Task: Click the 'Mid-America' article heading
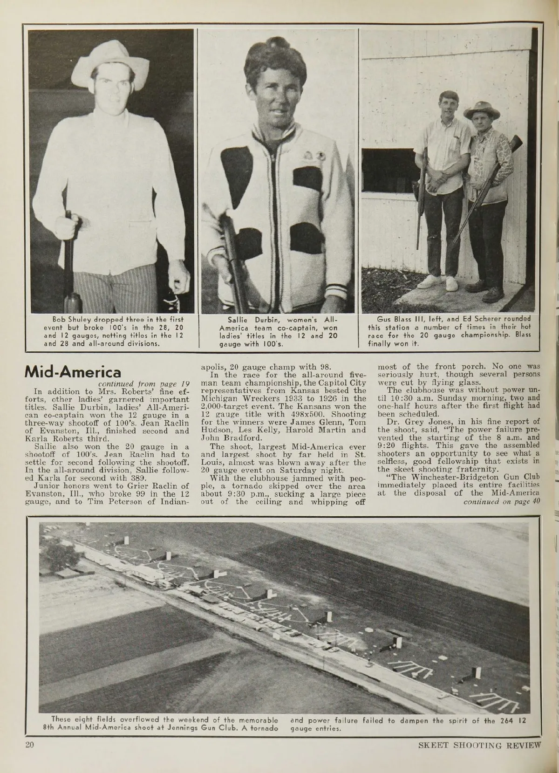[73, 372]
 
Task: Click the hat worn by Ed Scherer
[482, 110]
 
